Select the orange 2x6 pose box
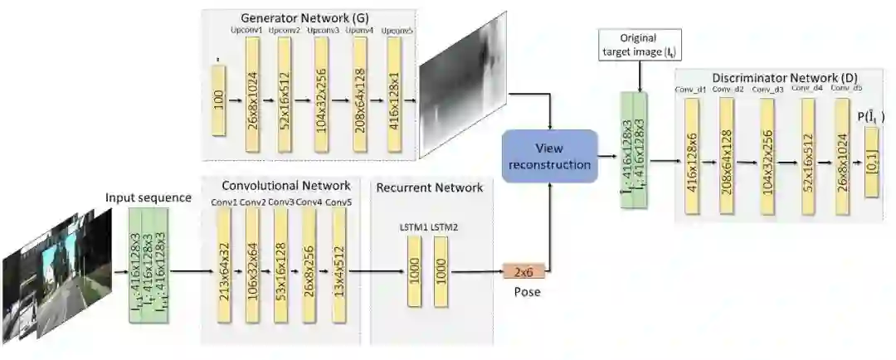coord(524,271)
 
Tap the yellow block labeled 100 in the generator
coord(218,100)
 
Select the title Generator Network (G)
coord(281,17)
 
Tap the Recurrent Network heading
coord(429,187)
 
